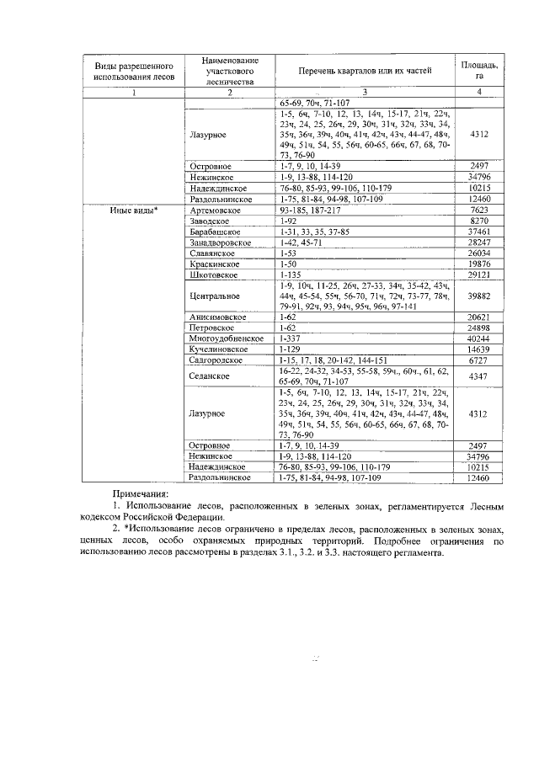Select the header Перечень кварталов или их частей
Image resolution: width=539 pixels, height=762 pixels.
[x=364, y=71]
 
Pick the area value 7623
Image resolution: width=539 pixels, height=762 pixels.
[x=478, y=209]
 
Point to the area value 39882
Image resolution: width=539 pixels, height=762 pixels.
[x=478, y=296]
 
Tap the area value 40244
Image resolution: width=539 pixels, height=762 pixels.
[x=478, y=338]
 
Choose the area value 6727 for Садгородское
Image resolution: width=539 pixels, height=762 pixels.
[x=478, y=360]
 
